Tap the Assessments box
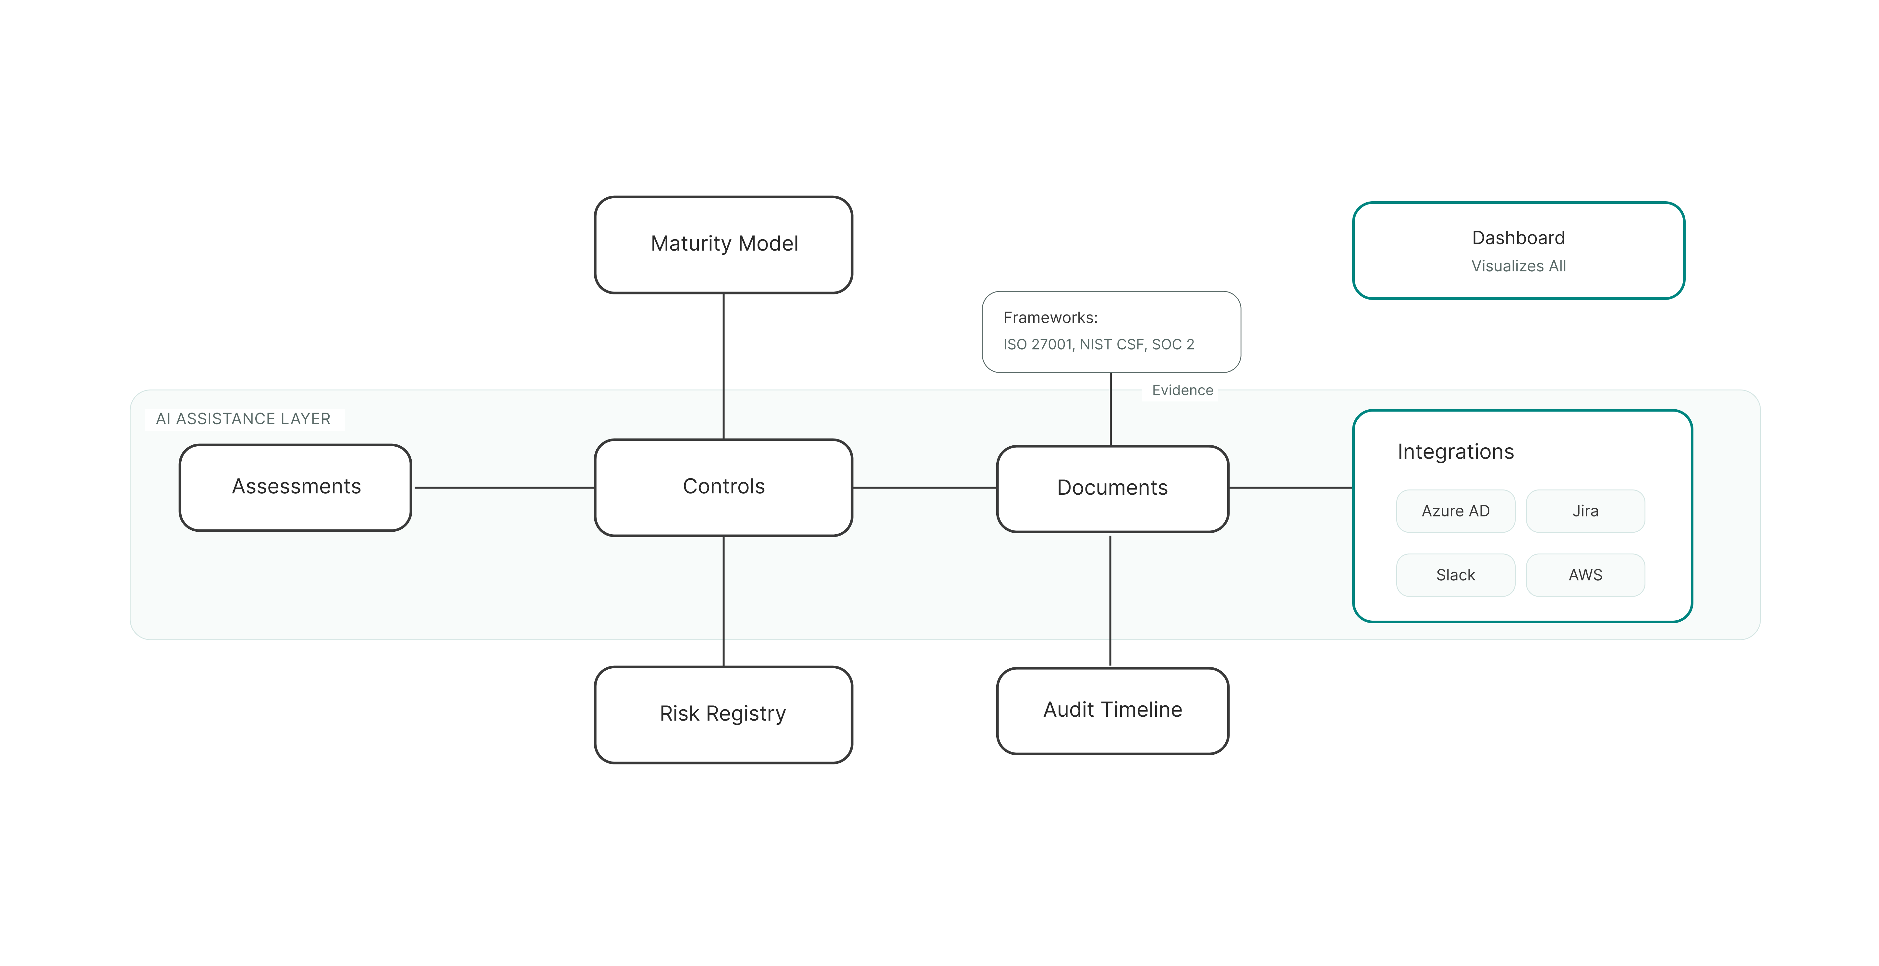(x=296, y=487)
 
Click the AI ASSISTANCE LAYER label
(x=243, y=419)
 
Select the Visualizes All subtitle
(x=1518, y=266)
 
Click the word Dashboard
(x=1518, y=238)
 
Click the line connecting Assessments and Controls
(x=503, y=487)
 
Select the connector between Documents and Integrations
(x=1290, y=487)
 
